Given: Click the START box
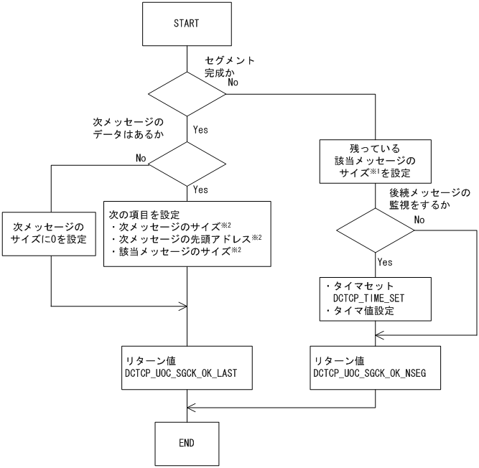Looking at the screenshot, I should (x=187, y=24).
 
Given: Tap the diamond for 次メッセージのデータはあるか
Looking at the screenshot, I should (x=187, y=164).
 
